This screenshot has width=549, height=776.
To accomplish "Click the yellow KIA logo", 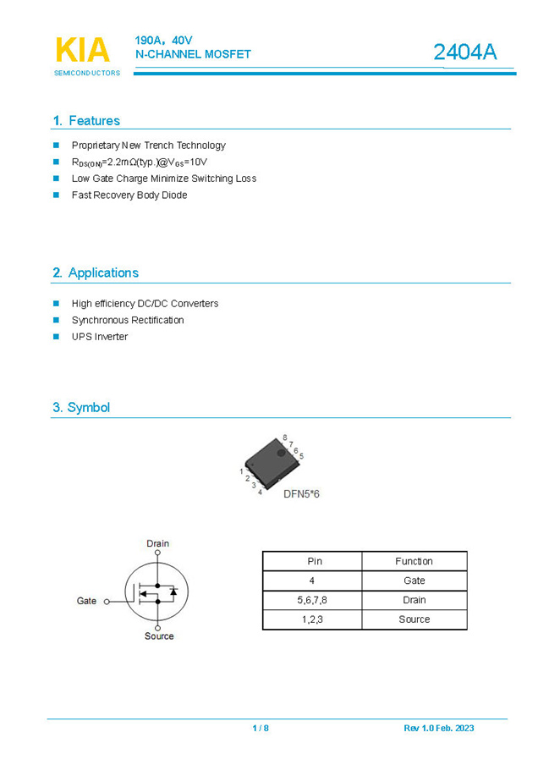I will tap(82, 51).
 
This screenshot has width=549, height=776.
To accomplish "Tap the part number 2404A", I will tap(464, 52).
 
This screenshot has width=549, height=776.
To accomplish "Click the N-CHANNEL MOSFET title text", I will tap(193, 54).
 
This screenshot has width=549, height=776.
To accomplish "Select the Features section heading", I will tap(86, 121).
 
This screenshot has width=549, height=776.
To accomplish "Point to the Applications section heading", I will tap(96, 272).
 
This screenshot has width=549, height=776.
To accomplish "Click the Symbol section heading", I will tap(81, 407).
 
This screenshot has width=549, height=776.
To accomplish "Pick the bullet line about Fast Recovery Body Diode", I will tap(129, 195).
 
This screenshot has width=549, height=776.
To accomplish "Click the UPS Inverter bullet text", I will tap(100, 337).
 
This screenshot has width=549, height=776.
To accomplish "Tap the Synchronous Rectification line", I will tap(128, 320).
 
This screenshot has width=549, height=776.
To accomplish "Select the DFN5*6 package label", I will tap(301, 493).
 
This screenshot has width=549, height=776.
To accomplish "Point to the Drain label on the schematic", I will tap(157, 543).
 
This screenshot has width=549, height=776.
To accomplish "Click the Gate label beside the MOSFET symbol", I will tap(87, 601).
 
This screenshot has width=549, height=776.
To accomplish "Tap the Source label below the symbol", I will tap(158, 636).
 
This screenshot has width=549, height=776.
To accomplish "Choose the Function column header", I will tap(414, 561).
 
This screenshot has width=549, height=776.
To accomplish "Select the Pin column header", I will tap(312, 561).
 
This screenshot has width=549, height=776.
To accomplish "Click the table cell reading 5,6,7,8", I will tap(312, 600).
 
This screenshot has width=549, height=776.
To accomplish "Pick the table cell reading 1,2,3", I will tap(312, 619).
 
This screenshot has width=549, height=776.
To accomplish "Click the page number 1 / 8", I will tap(261, 729).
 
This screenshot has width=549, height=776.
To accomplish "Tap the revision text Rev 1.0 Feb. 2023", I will tap(438, 729).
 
